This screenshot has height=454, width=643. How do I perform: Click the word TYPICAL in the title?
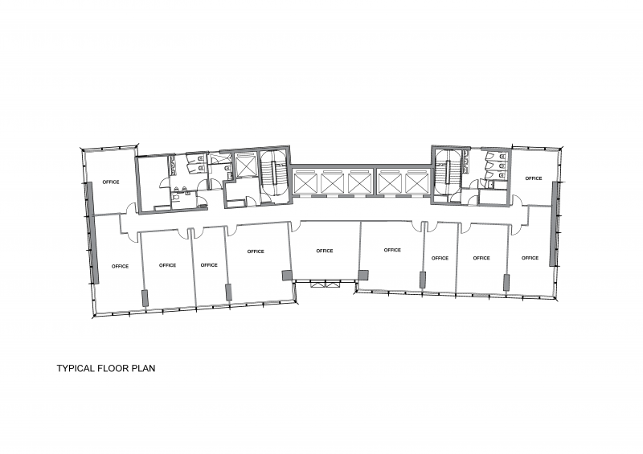76,368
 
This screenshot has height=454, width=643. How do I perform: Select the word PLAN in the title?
143,368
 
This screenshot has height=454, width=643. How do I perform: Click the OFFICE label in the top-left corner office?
111,182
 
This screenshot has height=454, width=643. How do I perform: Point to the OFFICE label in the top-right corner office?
534,178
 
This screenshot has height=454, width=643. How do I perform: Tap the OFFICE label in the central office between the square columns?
325,251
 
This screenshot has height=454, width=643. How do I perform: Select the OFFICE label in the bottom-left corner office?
120,266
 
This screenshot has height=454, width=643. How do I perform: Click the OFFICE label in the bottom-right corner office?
530,258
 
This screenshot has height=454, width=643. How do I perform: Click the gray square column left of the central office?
288,275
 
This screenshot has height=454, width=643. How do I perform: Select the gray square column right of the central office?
363,275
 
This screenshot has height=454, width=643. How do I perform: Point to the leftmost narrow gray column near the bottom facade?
145,298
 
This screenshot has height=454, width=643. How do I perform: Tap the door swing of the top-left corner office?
131,209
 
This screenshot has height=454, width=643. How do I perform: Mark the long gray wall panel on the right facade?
555,224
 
